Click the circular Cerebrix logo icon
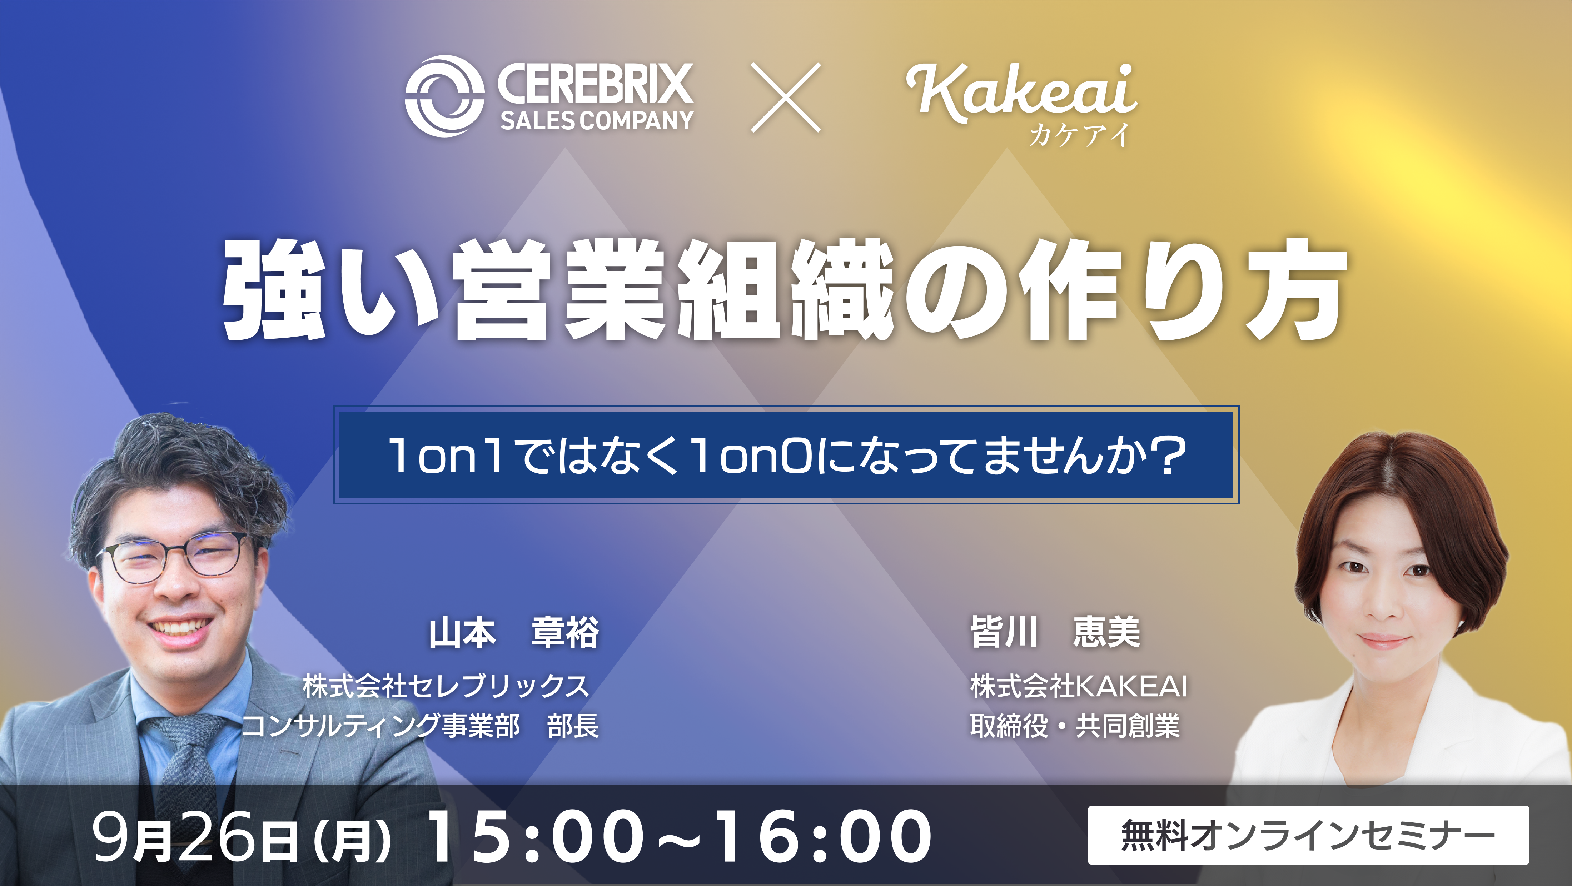pyautogui.click(x=444, y=96)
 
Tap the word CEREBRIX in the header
pyautogui.click(x=595, y=84)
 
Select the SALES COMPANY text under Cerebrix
pyautogui.click(x=597, y=120)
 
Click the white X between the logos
pyautogui.click(x=785, y=98)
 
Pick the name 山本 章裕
pyautogui.click(x=514, y=633)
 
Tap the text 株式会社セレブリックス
pyautogui.click(x=446, y=686)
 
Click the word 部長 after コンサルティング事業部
pyautogui.click(x=573, y=726)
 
